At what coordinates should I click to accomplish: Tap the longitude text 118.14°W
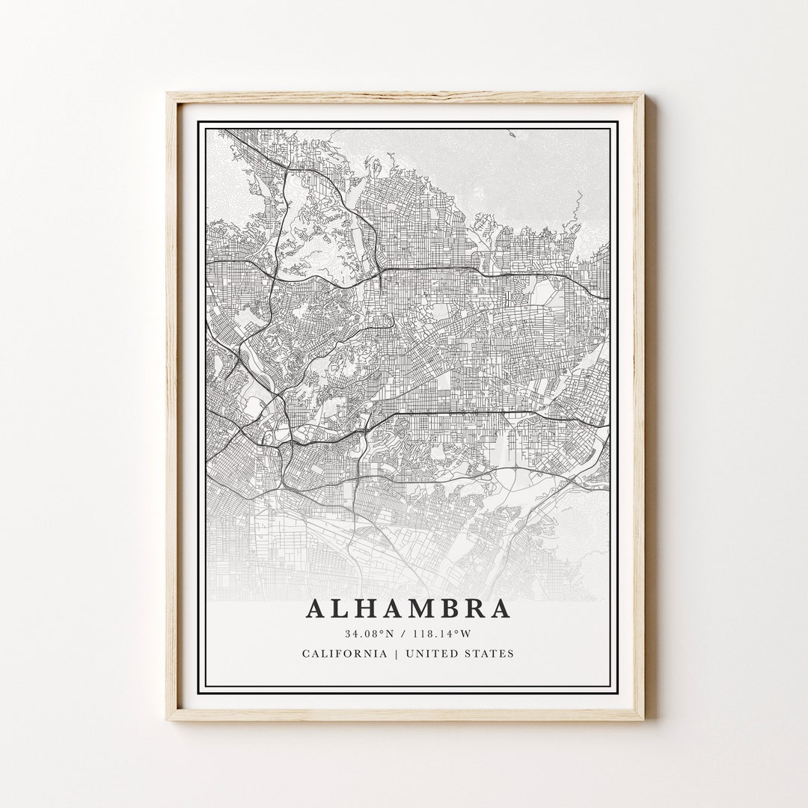[441, 634]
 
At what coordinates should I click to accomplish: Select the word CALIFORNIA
[345, 653]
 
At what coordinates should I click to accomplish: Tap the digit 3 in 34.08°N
[348, 634]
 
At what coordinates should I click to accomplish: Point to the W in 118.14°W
[466, 634]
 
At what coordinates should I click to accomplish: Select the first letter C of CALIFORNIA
[306, 653]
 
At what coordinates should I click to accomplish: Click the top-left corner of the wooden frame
[168, 94]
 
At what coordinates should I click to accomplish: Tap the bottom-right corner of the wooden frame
[643, 720]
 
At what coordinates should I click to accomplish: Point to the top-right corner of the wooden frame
[643, 94]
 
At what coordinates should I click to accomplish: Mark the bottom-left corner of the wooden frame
[168, 720]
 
